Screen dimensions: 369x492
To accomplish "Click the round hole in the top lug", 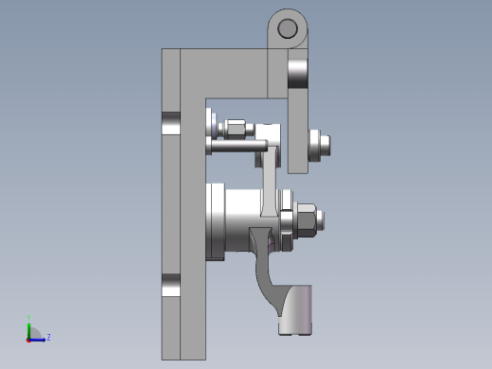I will click(x=286, y=30).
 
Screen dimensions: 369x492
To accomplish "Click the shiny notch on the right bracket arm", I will click(x=297, y=71).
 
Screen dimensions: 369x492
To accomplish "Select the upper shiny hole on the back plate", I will click(x=170, y=123).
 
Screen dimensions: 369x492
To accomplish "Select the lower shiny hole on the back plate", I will click(x=170, y=285).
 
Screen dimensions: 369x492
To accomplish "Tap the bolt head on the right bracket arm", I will click(x=319, y=144).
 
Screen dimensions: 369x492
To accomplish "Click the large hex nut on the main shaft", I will click(x=307, y=220).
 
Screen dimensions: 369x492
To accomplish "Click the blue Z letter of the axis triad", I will click(x=48, y=336).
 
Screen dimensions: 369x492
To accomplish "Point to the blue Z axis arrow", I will click(x=40, y=338).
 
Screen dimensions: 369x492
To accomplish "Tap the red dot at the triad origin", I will click(x=29, y=338).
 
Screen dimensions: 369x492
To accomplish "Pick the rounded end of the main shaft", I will click(x=325, y=220).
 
